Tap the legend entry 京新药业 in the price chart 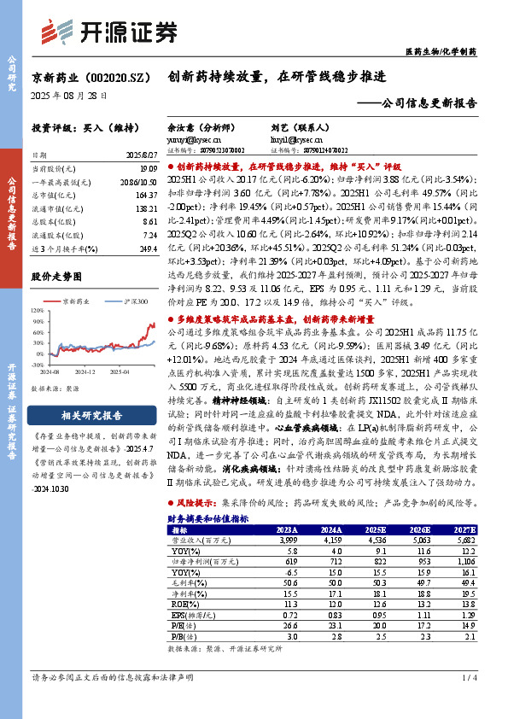[75, 301]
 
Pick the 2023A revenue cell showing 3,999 [285, 539]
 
